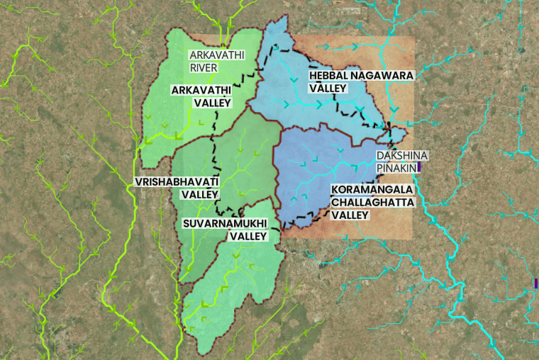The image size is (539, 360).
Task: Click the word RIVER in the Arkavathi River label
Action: tap(203, 68)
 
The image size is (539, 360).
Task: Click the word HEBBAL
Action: tap(330, 75)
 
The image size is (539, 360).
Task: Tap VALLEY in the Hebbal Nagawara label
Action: tap(328, 89)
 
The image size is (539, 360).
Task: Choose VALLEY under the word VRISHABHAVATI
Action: tap(200, 193)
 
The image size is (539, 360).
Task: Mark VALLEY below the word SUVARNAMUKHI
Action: tap(247, 236)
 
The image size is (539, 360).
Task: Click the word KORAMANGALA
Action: tap(372, 189)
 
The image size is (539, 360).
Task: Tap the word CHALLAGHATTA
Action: tap(372, 202)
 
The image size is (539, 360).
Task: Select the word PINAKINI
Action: tap(396, 168)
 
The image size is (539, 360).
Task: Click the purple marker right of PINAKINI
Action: tap(419, 167)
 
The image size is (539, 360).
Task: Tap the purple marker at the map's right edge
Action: tap(536, 283)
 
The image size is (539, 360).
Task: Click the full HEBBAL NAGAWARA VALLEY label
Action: tap(360, 81)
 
